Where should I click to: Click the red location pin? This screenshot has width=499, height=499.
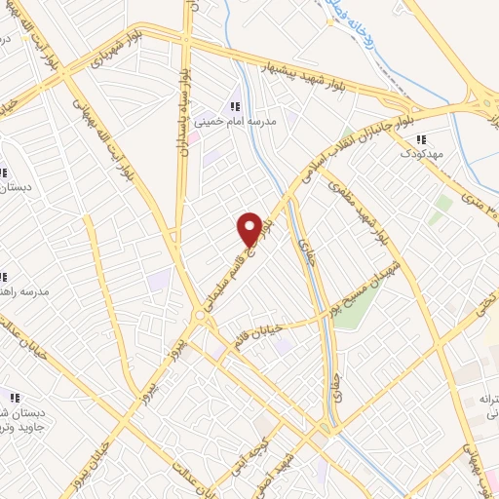(249, 228)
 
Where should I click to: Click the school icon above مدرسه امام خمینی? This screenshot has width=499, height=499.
(234, 106)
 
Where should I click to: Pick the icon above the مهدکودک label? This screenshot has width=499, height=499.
(421, 138)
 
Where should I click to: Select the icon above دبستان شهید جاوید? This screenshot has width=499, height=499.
(14, 398)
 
